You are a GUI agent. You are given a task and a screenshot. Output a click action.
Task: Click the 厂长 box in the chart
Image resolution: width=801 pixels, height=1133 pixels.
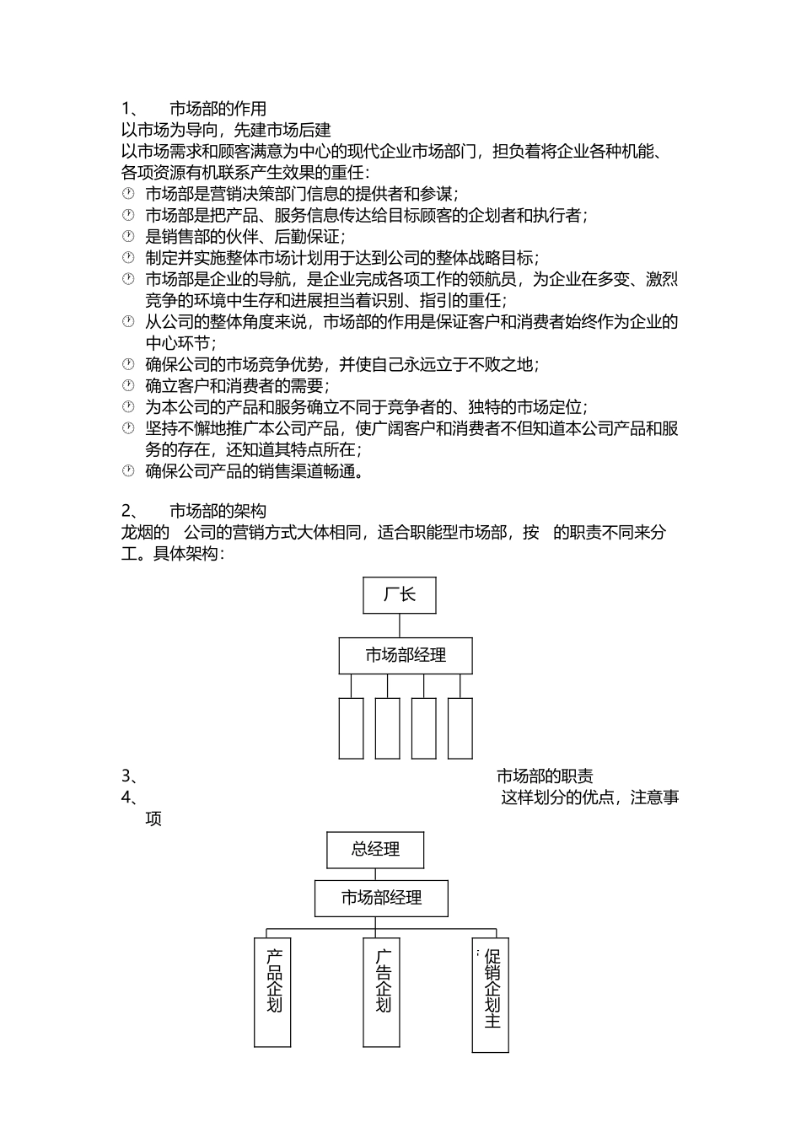point(399,595)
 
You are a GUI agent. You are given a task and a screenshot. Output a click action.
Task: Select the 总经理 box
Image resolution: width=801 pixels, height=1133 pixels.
point(375,850)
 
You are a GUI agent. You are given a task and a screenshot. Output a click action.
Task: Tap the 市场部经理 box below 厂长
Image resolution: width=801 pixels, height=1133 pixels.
point(406,656)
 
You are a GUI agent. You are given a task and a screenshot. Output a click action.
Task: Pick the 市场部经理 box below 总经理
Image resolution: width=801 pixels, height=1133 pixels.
point(381,899)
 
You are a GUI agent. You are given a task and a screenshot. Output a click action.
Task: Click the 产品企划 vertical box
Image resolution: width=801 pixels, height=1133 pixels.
point(272,992)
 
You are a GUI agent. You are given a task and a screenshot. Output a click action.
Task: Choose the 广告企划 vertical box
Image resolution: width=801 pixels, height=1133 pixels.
point(381,992)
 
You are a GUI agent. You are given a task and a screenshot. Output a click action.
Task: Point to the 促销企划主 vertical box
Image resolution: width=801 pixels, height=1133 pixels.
point(491,995)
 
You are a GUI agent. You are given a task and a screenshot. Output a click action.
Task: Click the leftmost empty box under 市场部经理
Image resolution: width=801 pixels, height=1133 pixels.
point(351,728)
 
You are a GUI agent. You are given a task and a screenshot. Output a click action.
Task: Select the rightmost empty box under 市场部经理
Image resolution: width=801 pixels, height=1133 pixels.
point(460,728)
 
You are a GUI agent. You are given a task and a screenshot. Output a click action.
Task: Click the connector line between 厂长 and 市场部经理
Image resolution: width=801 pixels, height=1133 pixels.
point(400,626)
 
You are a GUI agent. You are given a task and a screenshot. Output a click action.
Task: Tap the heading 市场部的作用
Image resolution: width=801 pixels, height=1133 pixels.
point(218,109)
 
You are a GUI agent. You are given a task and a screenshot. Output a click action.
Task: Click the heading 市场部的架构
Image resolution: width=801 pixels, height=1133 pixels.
point(218,512)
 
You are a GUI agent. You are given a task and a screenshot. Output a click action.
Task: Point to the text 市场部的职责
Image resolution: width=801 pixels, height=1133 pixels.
point(545,776)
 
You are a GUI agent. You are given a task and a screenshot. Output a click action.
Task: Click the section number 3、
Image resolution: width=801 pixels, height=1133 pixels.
point(129,776)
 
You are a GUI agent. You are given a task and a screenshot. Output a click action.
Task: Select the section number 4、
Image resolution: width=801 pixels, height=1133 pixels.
point(129,797)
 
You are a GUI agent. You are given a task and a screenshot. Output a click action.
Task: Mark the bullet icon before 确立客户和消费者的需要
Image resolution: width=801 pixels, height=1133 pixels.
point(128,386)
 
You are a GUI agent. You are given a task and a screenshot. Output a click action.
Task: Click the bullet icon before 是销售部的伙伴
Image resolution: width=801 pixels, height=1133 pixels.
point(128,236)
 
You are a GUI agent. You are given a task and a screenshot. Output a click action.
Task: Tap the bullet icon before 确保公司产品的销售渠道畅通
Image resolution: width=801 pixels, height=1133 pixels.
point(128,471)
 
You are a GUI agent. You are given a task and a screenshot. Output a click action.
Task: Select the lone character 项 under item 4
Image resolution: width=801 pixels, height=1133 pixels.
point(153,819)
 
